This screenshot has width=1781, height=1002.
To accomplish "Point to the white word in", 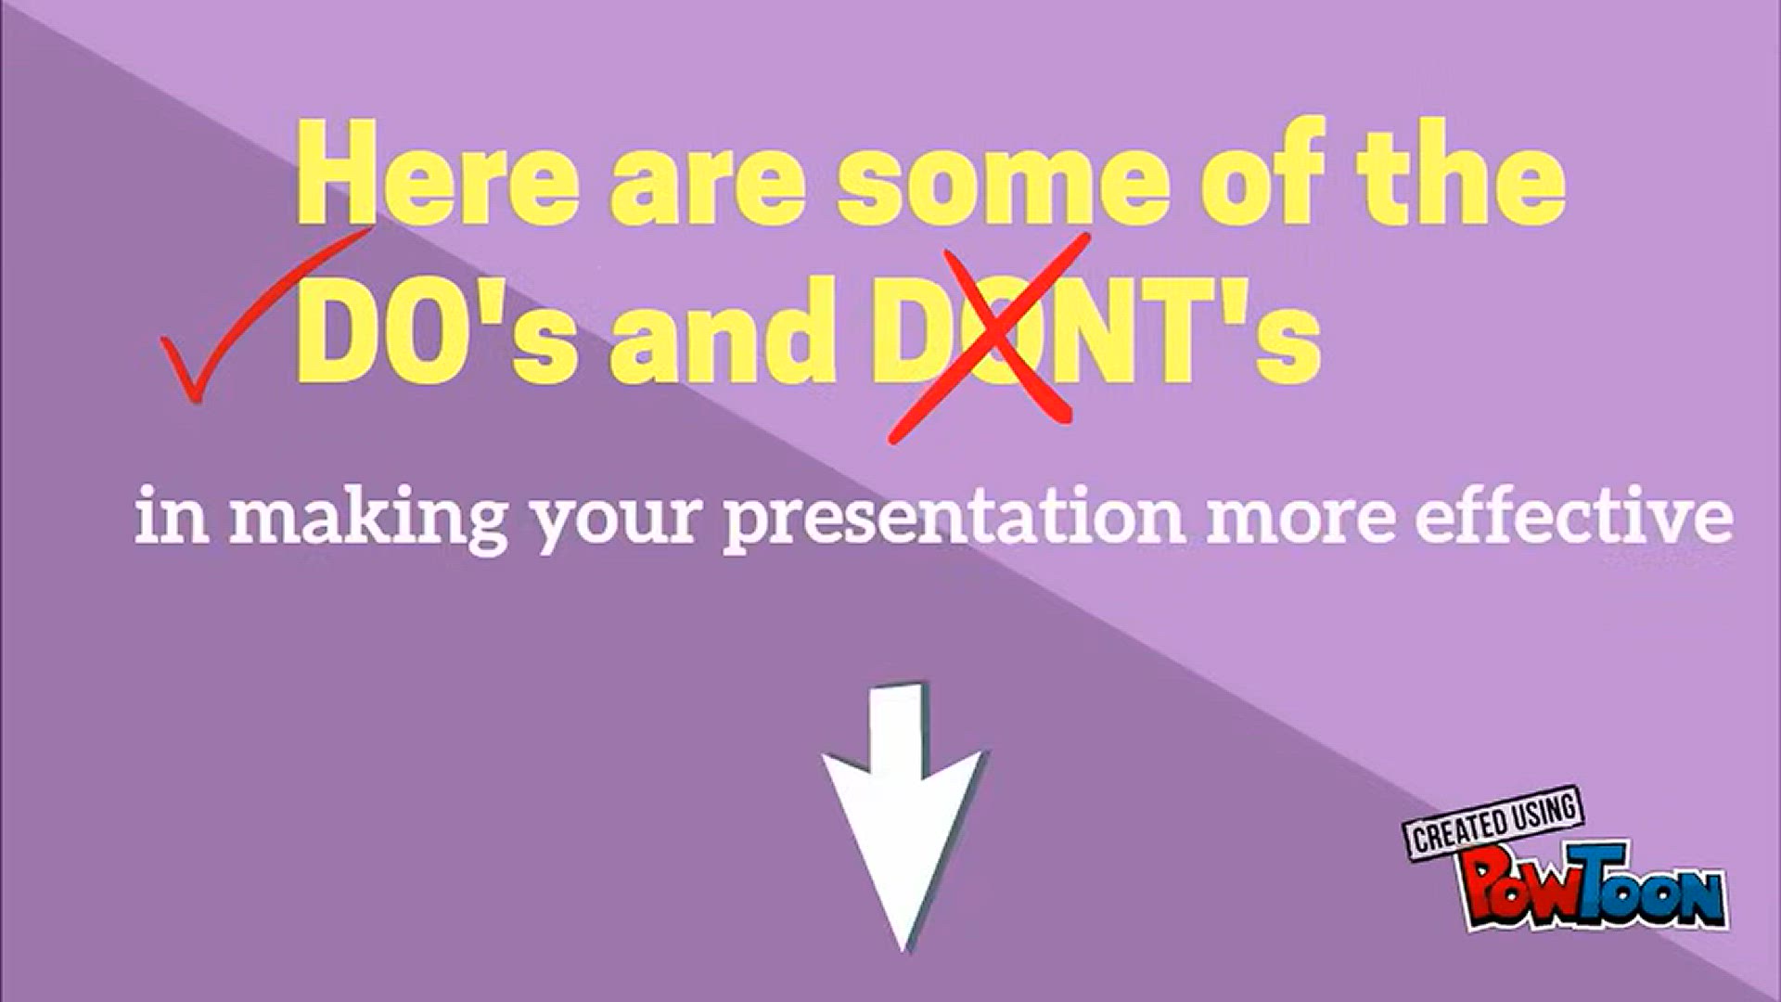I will pos(172,520).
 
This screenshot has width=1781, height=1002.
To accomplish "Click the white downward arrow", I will pos(901,816).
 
